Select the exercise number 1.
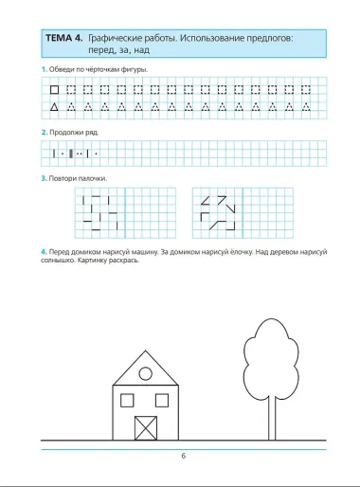[x=43, y=71]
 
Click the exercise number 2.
[x=43, y=132]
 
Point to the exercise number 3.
[x=43, y=178]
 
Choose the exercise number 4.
[x=43, y=251]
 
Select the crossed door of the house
[x=147, y=426]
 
